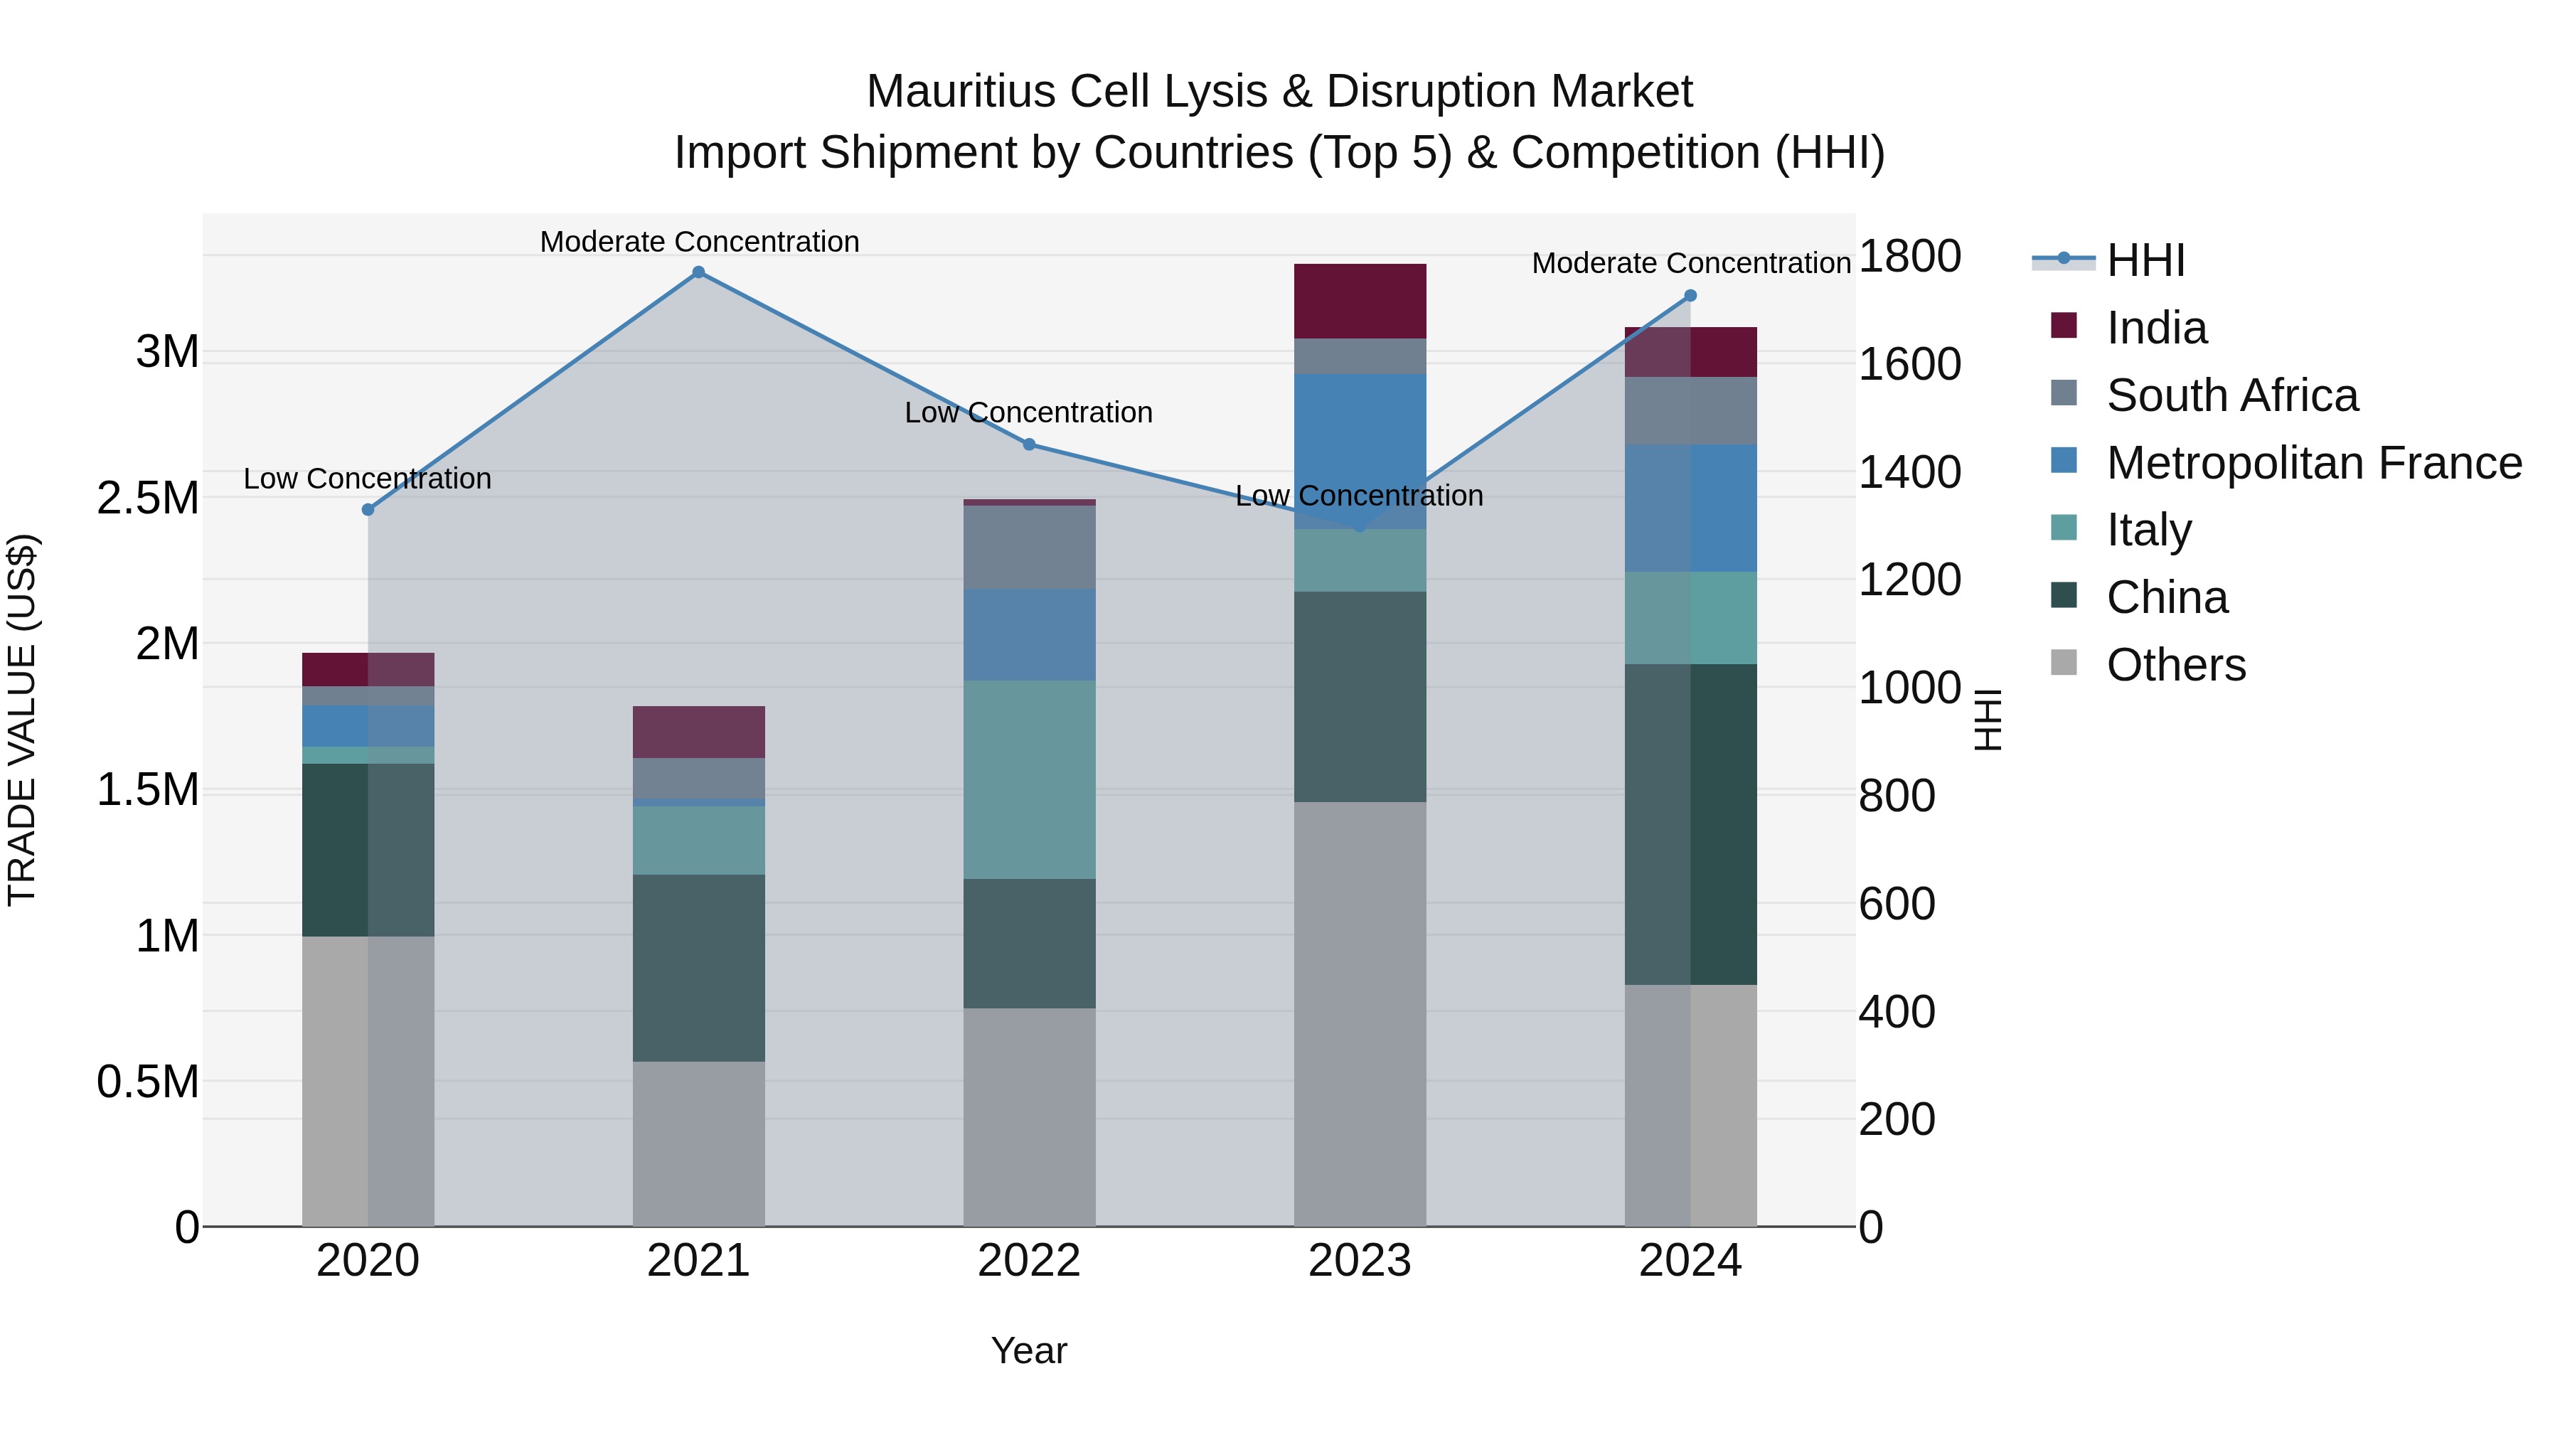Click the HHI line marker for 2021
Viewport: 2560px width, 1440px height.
click(698, 272)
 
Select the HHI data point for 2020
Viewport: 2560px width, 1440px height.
click(368, 510)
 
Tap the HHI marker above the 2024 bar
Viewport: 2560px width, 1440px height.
click(1690, 296)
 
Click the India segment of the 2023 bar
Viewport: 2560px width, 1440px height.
click(1360, 301)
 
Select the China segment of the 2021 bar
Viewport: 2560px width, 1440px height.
click(698, 968)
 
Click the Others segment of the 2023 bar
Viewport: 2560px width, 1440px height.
click(1360, 1013)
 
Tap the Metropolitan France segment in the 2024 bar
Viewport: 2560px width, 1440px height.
click(1690, 508)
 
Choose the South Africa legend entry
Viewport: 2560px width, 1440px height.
click(2231, 395)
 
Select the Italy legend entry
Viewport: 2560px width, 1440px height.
click(2148, 530)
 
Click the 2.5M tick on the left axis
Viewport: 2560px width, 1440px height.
click(148, 498)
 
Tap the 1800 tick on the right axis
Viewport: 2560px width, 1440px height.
click(1909, 257)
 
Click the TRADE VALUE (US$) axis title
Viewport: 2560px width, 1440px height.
click(22, 720)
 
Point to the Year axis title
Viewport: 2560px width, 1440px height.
click(1028, 1350)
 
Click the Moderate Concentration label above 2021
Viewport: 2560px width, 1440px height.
click(698, 242)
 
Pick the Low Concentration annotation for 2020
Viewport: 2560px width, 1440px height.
click(368, 479)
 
